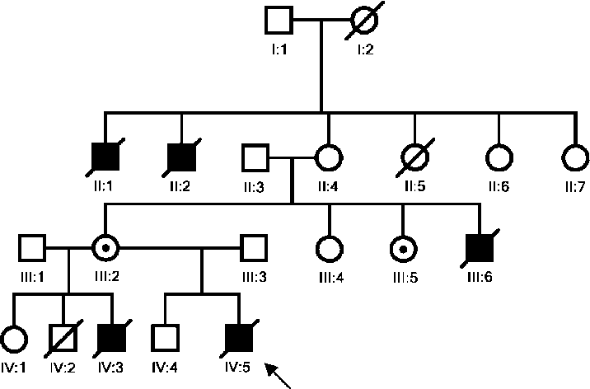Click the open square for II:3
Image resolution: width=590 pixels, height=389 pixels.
click(x=255, y=157)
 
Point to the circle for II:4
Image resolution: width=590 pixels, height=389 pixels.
click(x=330, y=157)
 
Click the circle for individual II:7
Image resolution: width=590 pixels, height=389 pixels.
click(x=574, y=157)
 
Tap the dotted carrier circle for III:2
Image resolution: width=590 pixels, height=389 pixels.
click(x=105, y=246)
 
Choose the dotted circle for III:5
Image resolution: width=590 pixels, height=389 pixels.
click(x=402, y=246)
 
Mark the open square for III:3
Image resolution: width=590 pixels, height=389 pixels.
click(x=255, y=246)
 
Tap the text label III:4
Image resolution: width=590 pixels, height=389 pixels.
click(x=330, y=276)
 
